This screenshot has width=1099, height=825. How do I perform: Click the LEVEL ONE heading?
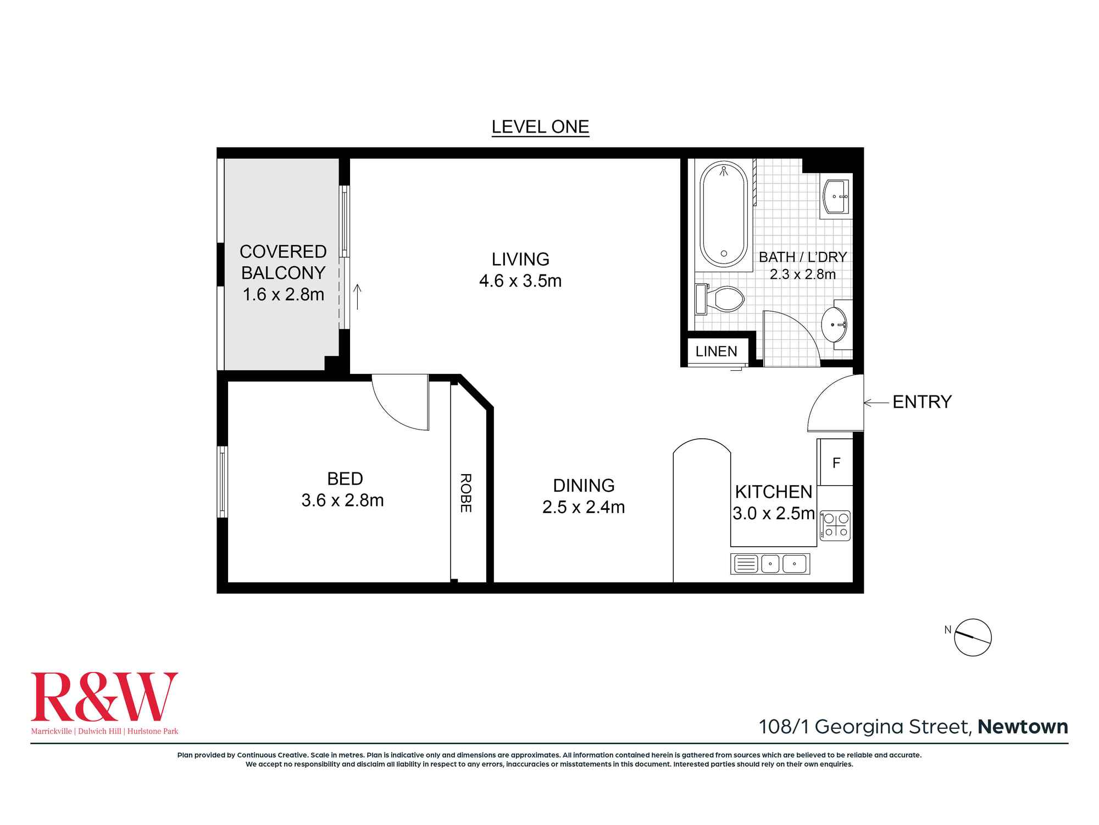[x=540, y=127]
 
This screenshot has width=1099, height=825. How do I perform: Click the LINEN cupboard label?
[x=716, y=351]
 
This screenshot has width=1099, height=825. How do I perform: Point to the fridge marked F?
[x=836, y=463]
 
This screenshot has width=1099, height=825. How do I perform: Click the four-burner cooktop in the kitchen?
[x=835, y=525]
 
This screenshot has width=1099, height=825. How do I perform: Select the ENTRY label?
[x=922, y=402]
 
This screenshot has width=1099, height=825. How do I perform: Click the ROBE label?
[x=465, y=493]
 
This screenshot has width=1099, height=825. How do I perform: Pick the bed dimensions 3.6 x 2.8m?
[x=342, y=501]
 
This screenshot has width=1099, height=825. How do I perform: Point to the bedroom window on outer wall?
[x=222, y=482]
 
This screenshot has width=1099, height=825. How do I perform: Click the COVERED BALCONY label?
[x=283, y=262]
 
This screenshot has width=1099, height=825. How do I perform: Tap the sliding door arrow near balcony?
[x=357, y=296]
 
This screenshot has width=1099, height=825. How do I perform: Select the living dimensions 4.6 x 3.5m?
[x=520, y=281]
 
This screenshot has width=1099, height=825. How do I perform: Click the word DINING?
[x=584, y=485]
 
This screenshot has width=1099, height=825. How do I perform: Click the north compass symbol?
[x=972, y=637]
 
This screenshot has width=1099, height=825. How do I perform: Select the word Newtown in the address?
[x=1023, y=727]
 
